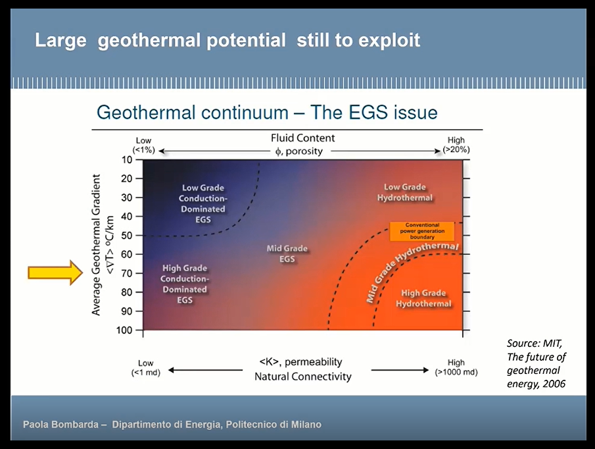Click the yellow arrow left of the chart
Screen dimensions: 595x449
(x=55, y=273)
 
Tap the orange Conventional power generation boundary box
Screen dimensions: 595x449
(x=422, y=231)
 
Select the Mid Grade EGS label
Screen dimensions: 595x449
(x=287, y=253)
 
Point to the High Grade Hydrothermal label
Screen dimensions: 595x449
(x=423, y=298)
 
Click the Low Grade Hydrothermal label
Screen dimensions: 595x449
(x=404, y=192)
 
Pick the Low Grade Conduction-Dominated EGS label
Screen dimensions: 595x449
(x=203, y=203)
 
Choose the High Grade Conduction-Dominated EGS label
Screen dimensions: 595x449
(x=185, y=284)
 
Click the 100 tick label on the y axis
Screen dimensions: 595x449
(x=124, y=330)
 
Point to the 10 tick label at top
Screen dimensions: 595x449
(x=127, y=159)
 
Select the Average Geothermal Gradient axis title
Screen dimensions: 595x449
(x=96, y=245)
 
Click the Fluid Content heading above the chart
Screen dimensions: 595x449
(x=303, y=138)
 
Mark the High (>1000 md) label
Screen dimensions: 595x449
(x=456, y=367)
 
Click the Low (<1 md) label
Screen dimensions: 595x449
(x=146, y=368)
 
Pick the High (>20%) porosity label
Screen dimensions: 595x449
(x=456, y=145)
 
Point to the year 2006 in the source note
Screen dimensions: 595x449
(x=554, y=384)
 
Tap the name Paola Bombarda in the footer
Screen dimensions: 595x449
(x=60, y=424)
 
